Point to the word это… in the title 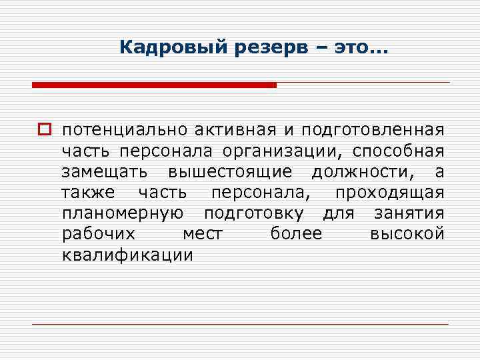(359, 48)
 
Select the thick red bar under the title (154, 85)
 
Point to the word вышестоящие (230, 172)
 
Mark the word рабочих (99, 235)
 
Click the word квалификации (127, 256)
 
